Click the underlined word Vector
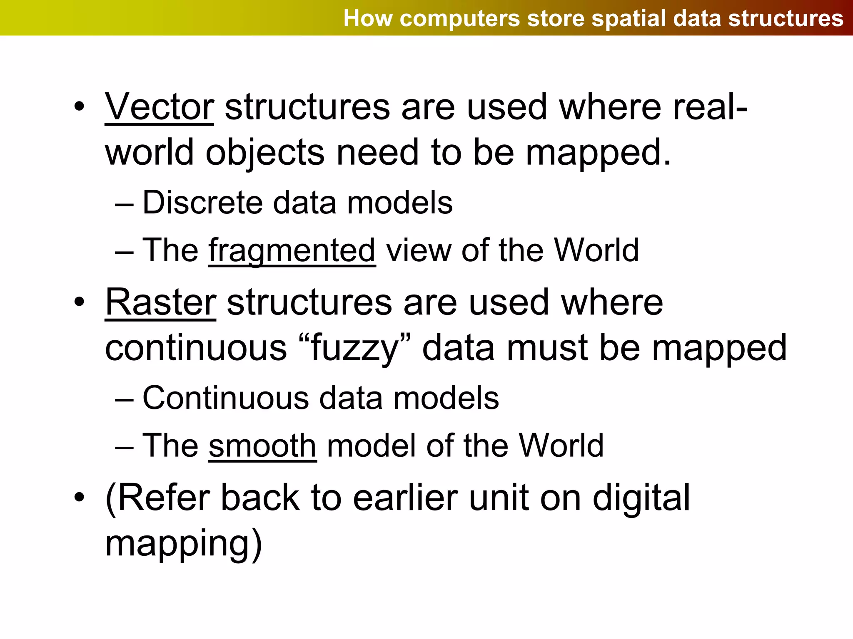[x=159, y=107]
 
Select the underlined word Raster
[x=160, y=302]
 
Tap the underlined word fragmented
[x=292, y=250]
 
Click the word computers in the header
[x=459, y=19]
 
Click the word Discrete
[x=203, y=203]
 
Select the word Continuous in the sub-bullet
[x=226, y=398]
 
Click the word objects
[x=265, y=153]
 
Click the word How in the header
[x=368, y=19]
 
